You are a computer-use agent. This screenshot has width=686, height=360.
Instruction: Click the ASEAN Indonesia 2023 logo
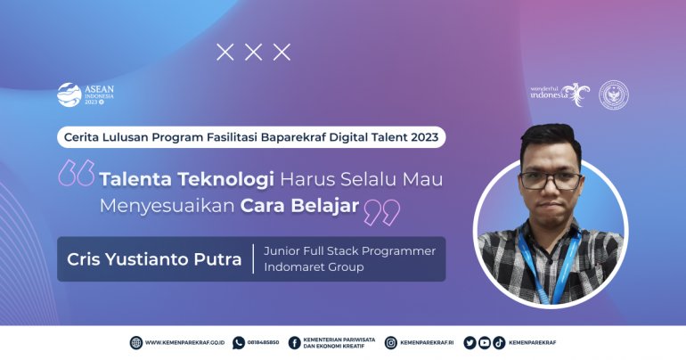pyautogui.click(x=86, y=94)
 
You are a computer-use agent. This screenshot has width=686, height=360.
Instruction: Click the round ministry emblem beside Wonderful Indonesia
pyautogui.click(x=613, y=94)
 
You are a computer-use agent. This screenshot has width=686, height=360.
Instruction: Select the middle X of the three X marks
pyautogui.click(x=254, y=53)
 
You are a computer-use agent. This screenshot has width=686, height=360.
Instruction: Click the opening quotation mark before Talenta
pyautogui.click(x=77, y=174)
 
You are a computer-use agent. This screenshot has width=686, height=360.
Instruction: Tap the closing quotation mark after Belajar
pyautogui.click(x=382, y=211)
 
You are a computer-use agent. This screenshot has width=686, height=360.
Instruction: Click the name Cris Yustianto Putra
pyautogui.click(x=154, y=259)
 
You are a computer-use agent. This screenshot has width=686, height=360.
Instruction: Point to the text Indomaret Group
pyautogui.click(x=314, y=267)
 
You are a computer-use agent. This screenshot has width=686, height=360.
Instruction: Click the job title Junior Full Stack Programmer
pyautogui.click(x=349, y=250)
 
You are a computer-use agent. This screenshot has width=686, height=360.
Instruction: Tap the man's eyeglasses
pyautogui.click(x=551, y=180)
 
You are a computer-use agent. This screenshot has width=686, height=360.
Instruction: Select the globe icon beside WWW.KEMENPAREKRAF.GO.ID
pyautogui.click(x=135, y=342)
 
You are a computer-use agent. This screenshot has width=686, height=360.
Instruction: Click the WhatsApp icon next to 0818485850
pyautogui.click(x=238, y=342)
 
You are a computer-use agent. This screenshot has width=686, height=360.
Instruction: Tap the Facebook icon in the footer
pyautogui.click(x=294, y=342)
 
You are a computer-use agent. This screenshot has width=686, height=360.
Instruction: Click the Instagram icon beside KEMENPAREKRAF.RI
pyautogui.click(x=390, y=342)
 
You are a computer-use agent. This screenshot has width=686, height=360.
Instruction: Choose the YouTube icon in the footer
pyautogui.click(x=484, y=342)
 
